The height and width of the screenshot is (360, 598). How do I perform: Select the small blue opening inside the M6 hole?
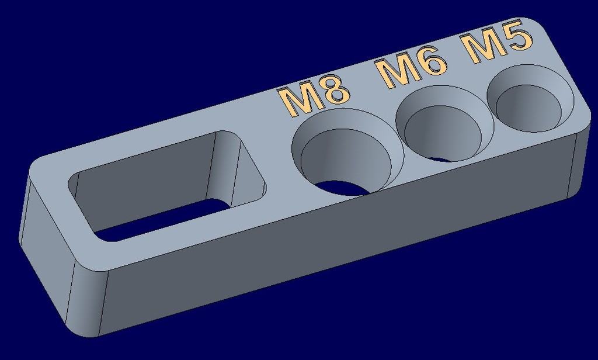pos(441,159)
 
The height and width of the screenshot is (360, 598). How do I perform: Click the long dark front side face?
pos(339,251)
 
